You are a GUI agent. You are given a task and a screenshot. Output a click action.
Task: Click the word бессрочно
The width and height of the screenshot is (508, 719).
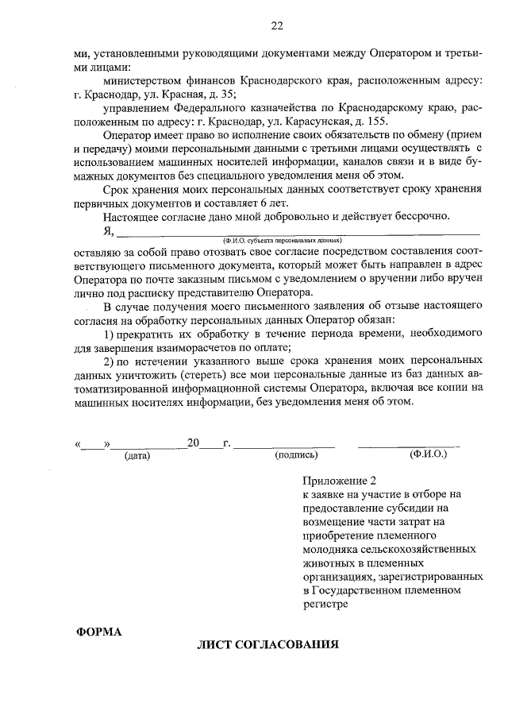422,216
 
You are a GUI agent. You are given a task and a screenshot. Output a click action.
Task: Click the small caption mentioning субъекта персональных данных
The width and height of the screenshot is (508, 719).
283,239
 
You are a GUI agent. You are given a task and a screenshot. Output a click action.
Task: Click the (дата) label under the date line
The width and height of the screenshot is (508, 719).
137,456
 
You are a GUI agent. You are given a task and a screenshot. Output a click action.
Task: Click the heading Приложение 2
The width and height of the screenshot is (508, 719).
338,481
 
